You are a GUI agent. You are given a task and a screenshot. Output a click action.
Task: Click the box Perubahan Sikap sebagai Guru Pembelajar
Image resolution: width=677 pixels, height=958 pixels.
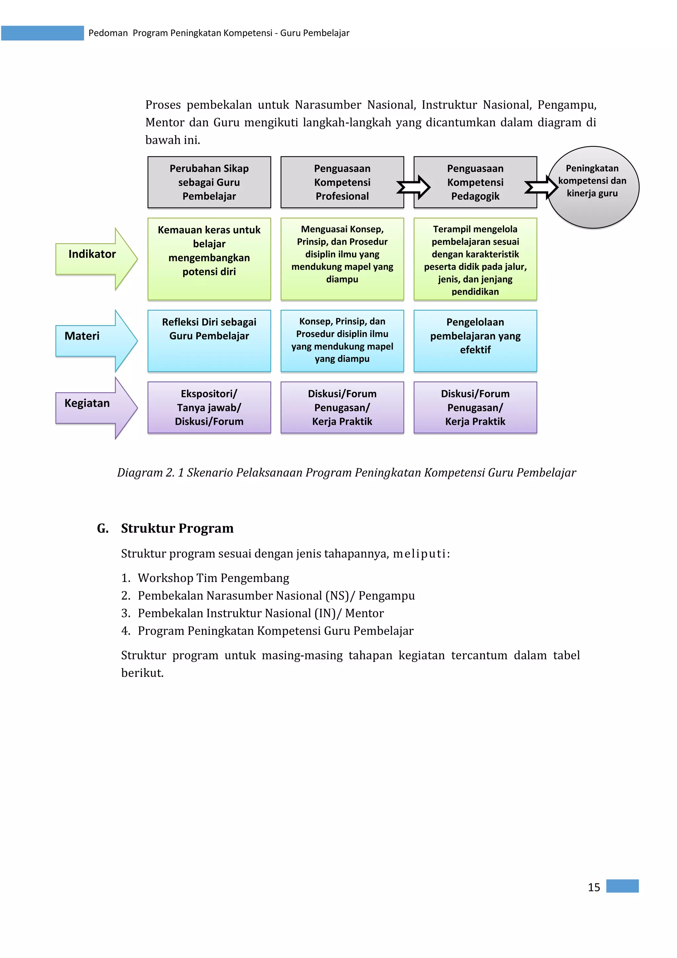tap(209, 182)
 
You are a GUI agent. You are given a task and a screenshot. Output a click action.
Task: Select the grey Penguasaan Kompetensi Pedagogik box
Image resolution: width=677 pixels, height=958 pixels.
tap(475, 182)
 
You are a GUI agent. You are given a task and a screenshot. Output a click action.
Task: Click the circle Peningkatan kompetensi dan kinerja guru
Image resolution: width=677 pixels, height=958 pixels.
tap(593, 188)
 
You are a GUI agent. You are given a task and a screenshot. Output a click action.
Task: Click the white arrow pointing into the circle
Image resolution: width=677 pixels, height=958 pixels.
tap(541, 187)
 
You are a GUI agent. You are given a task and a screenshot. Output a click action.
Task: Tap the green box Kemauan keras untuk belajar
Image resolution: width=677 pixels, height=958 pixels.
tap(209, 259)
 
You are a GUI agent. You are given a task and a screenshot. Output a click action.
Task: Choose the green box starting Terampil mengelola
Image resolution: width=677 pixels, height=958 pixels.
tap(475, 259)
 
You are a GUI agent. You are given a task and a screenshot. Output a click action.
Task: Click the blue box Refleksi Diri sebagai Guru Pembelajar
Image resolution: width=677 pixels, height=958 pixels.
tap(209, 341)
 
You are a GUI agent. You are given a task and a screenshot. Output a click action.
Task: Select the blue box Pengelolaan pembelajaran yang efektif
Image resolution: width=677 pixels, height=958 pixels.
tap(475, 341)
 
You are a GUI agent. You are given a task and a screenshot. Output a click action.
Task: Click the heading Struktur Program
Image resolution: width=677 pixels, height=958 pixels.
tap(177, 528)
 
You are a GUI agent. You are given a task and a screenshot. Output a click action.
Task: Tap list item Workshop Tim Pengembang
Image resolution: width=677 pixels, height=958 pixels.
tap(213, 578)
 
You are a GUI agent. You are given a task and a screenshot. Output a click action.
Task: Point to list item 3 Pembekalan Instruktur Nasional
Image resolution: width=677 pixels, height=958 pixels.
tap(260, 613)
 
